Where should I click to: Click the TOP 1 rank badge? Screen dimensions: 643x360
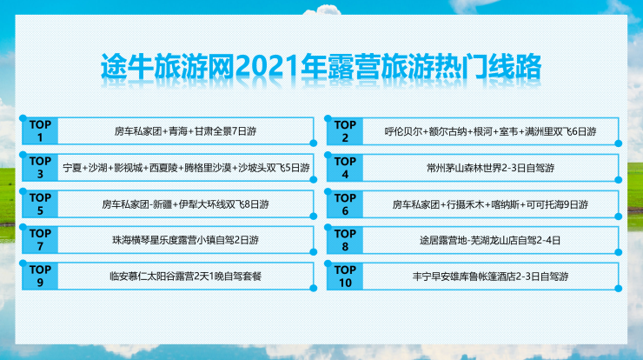[40, 131]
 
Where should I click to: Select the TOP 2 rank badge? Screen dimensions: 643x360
[345, 131]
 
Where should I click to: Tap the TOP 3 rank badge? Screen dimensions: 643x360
[40, 168]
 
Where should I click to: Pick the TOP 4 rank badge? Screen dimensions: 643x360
[345, 168]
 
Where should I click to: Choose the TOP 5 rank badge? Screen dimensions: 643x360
[40, 204]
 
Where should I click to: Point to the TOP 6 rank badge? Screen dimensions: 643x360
[345, 204]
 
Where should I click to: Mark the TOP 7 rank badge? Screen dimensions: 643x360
[40, 240]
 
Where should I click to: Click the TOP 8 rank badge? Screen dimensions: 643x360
[345, 240]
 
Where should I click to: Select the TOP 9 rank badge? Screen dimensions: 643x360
[40, 276]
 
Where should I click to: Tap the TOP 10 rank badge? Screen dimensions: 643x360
[345, 277]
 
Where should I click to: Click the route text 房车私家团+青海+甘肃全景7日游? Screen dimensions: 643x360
[185, 131]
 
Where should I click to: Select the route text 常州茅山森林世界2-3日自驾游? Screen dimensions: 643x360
[490, 168]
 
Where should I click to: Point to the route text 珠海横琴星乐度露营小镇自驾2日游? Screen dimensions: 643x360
[185, 240]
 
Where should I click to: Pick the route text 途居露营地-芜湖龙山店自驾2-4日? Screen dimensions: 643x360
[490, 241]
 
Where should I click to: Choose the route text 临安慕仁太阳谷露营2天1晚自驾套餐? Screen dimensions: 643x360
[185, 277]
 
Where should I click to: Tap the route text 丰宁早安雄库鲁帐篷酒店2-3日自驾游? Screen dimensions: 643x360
[490, 277]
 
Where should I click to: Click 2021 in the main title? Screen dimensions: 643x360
[267, 66]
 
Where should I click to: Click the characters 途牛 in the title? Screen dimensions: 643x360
[127, 66]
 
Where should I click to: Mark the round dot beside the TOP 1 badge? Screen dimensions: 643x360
[23, 118]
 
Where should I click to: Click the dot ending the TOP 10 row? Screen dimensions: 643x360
[619, 289]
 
